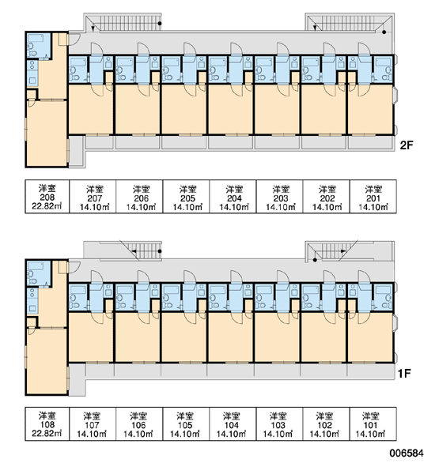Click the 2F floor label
(407, 145)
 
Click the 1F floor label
(404, 374)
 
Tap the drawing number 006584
(407, 453)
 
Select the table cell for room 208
(47, 197)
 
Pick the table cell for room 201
(373, 197)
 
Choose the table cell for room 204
(233, 197)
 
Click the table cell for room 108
(47, 423)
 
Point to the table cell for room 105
(186, 423)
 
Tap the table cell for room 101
(373, 423)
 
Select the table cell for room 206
(139, 197)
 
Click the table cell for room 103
(279, 423)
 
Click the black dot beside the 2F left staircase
(160, 23)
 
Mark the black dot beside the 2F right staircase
(384, 32)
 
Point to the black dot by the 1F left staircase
(160, 251)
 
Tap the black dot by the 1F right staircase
(315, 260)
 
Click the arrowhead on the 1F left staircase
(134, 251)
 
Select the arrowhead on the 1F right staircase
(343, 251)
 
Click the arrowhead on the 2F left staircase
(93, 28)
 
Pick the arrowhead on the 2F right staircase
(315, 28)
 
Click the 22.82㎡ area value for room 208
(47, 206)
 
